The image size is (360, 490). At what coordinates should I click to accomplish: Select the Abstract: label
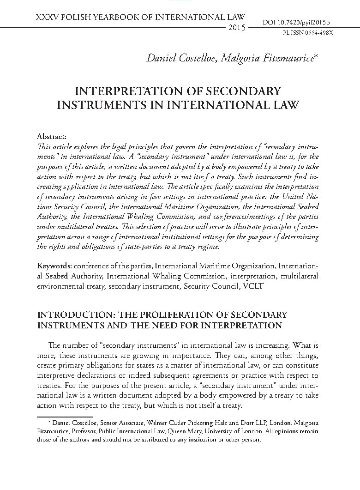[51, 137]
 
